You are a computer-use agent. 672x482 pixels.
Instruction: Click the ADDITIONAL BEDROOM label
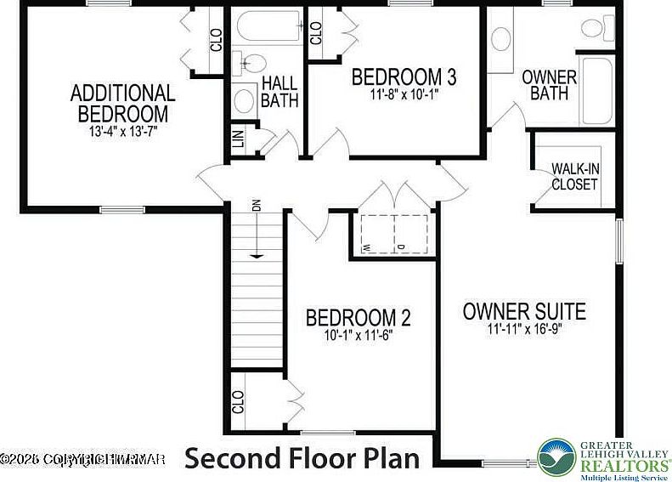(x=122, y=103)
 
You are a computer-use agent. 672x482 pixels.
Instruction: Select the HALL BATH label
(x=279, y=92)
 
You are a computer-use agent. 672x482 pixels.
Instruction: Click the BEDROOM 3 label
(x=404, y=77)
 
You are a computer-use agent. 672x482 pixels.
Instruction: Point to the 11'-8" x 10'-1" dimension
(x=404, y=96)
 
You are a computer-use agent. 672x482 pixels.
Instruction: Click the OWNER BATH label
(x=549, y=85)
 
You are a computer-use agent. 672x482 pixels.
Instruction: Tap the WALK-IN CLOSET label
(x=574, y=177)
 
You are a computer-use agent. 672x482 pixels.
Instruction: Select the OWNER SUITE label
(x=524, y=310)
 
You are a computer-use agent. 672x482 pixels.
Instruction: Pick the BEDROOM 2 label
(x=358, y=318)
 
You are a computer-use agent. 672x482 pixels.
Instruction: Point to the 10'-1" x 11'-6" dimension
(x=358, y=335)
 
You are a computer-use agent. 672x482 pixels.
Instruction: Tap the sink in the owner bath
(x=501, y=38)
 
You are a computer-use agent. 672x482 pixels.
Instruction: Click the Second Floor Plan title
(x=302, y=458)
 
